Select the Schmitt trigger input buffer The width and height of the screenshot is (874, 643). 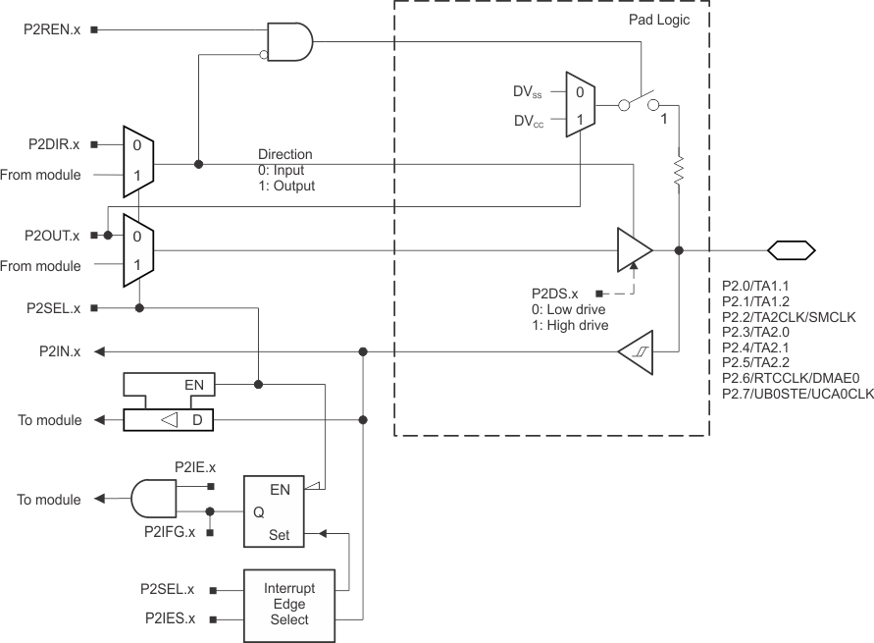(635, 351)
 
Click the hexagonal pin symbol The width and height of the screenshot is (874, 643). (791, 250)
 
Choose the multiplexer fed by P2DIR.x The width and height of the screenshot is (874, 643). (138, 160)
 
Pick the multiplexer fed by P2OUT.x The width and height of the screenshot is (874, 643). (138, 250)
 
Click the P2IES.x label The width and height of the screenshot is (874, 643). (167, 619)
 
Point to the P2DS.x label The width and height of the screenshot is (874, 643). (554, 294)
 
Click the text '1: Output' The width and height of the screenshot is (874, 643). (286, 186)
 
